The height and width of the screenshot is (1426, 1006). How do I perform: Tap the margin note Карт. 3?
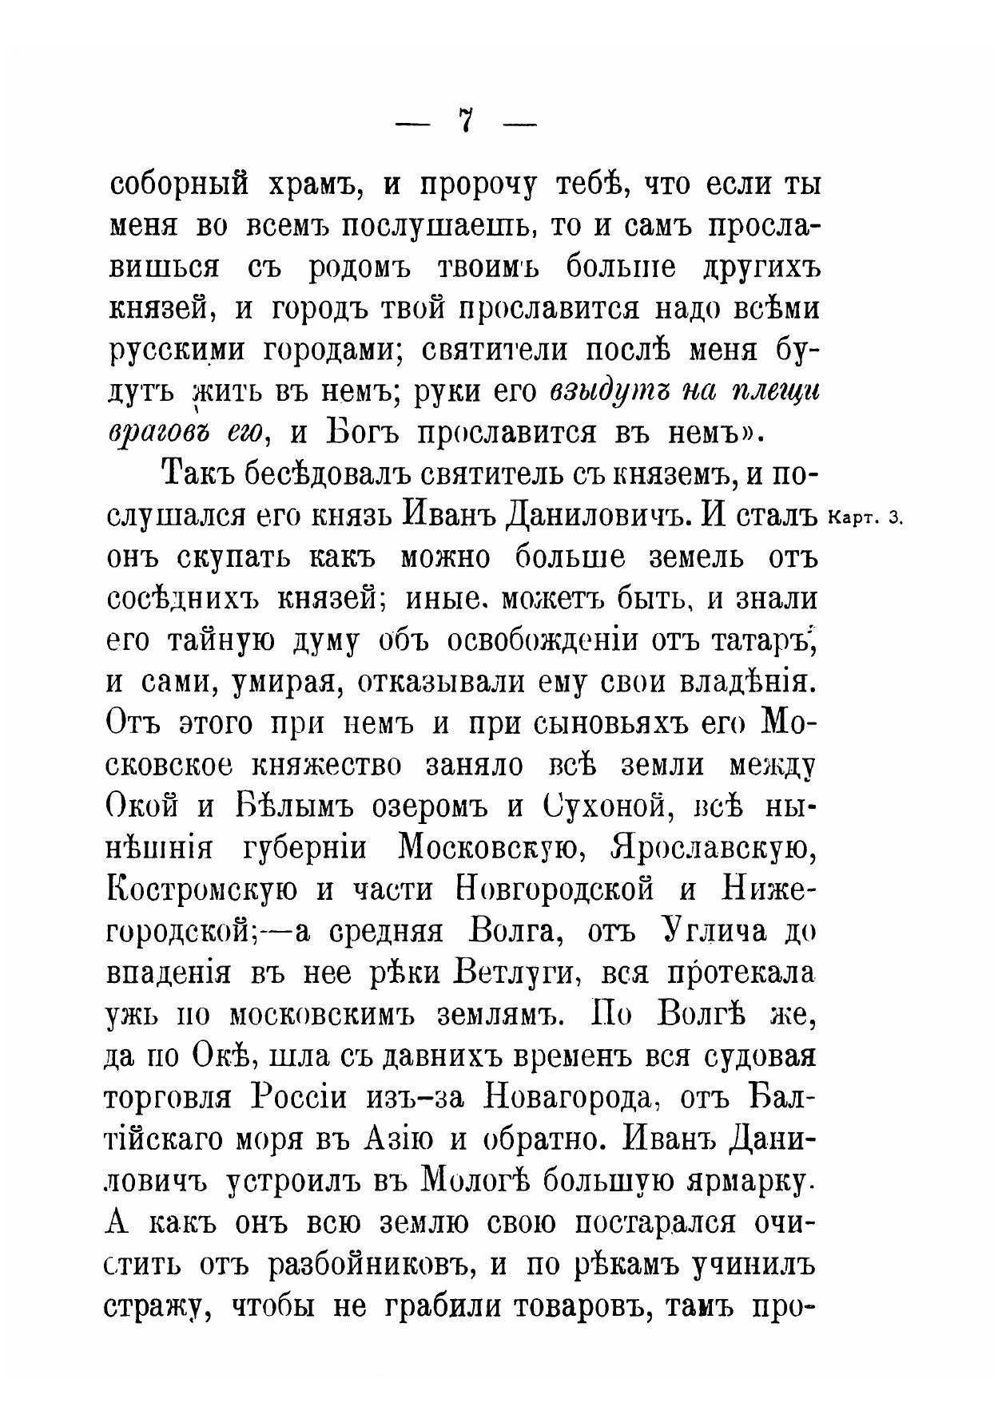pos(865,517)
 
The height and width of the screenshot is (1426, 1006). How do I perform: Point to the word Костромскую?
pos(203,889)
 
